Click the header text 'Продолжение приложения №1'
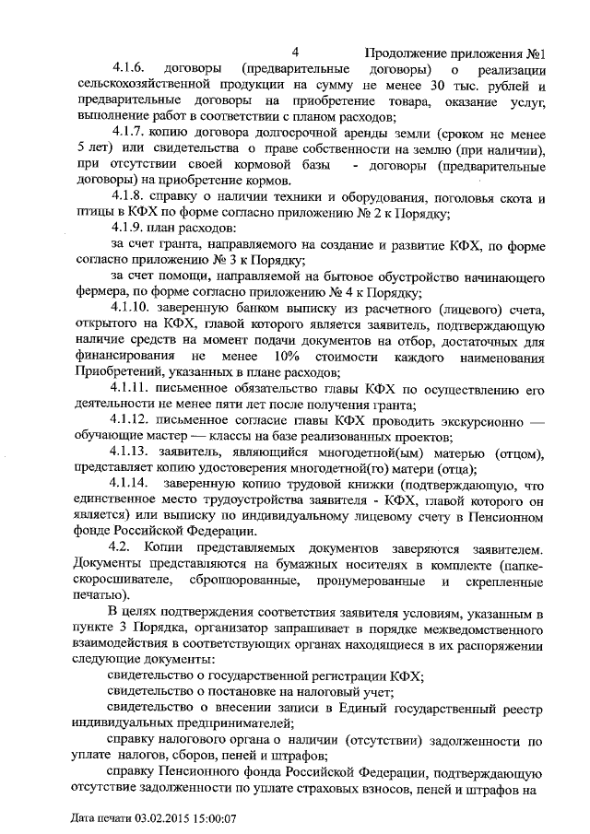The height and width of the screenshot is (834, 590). click(457, 53)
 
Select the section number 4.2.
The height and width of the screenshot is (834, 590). click(121, 546)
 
